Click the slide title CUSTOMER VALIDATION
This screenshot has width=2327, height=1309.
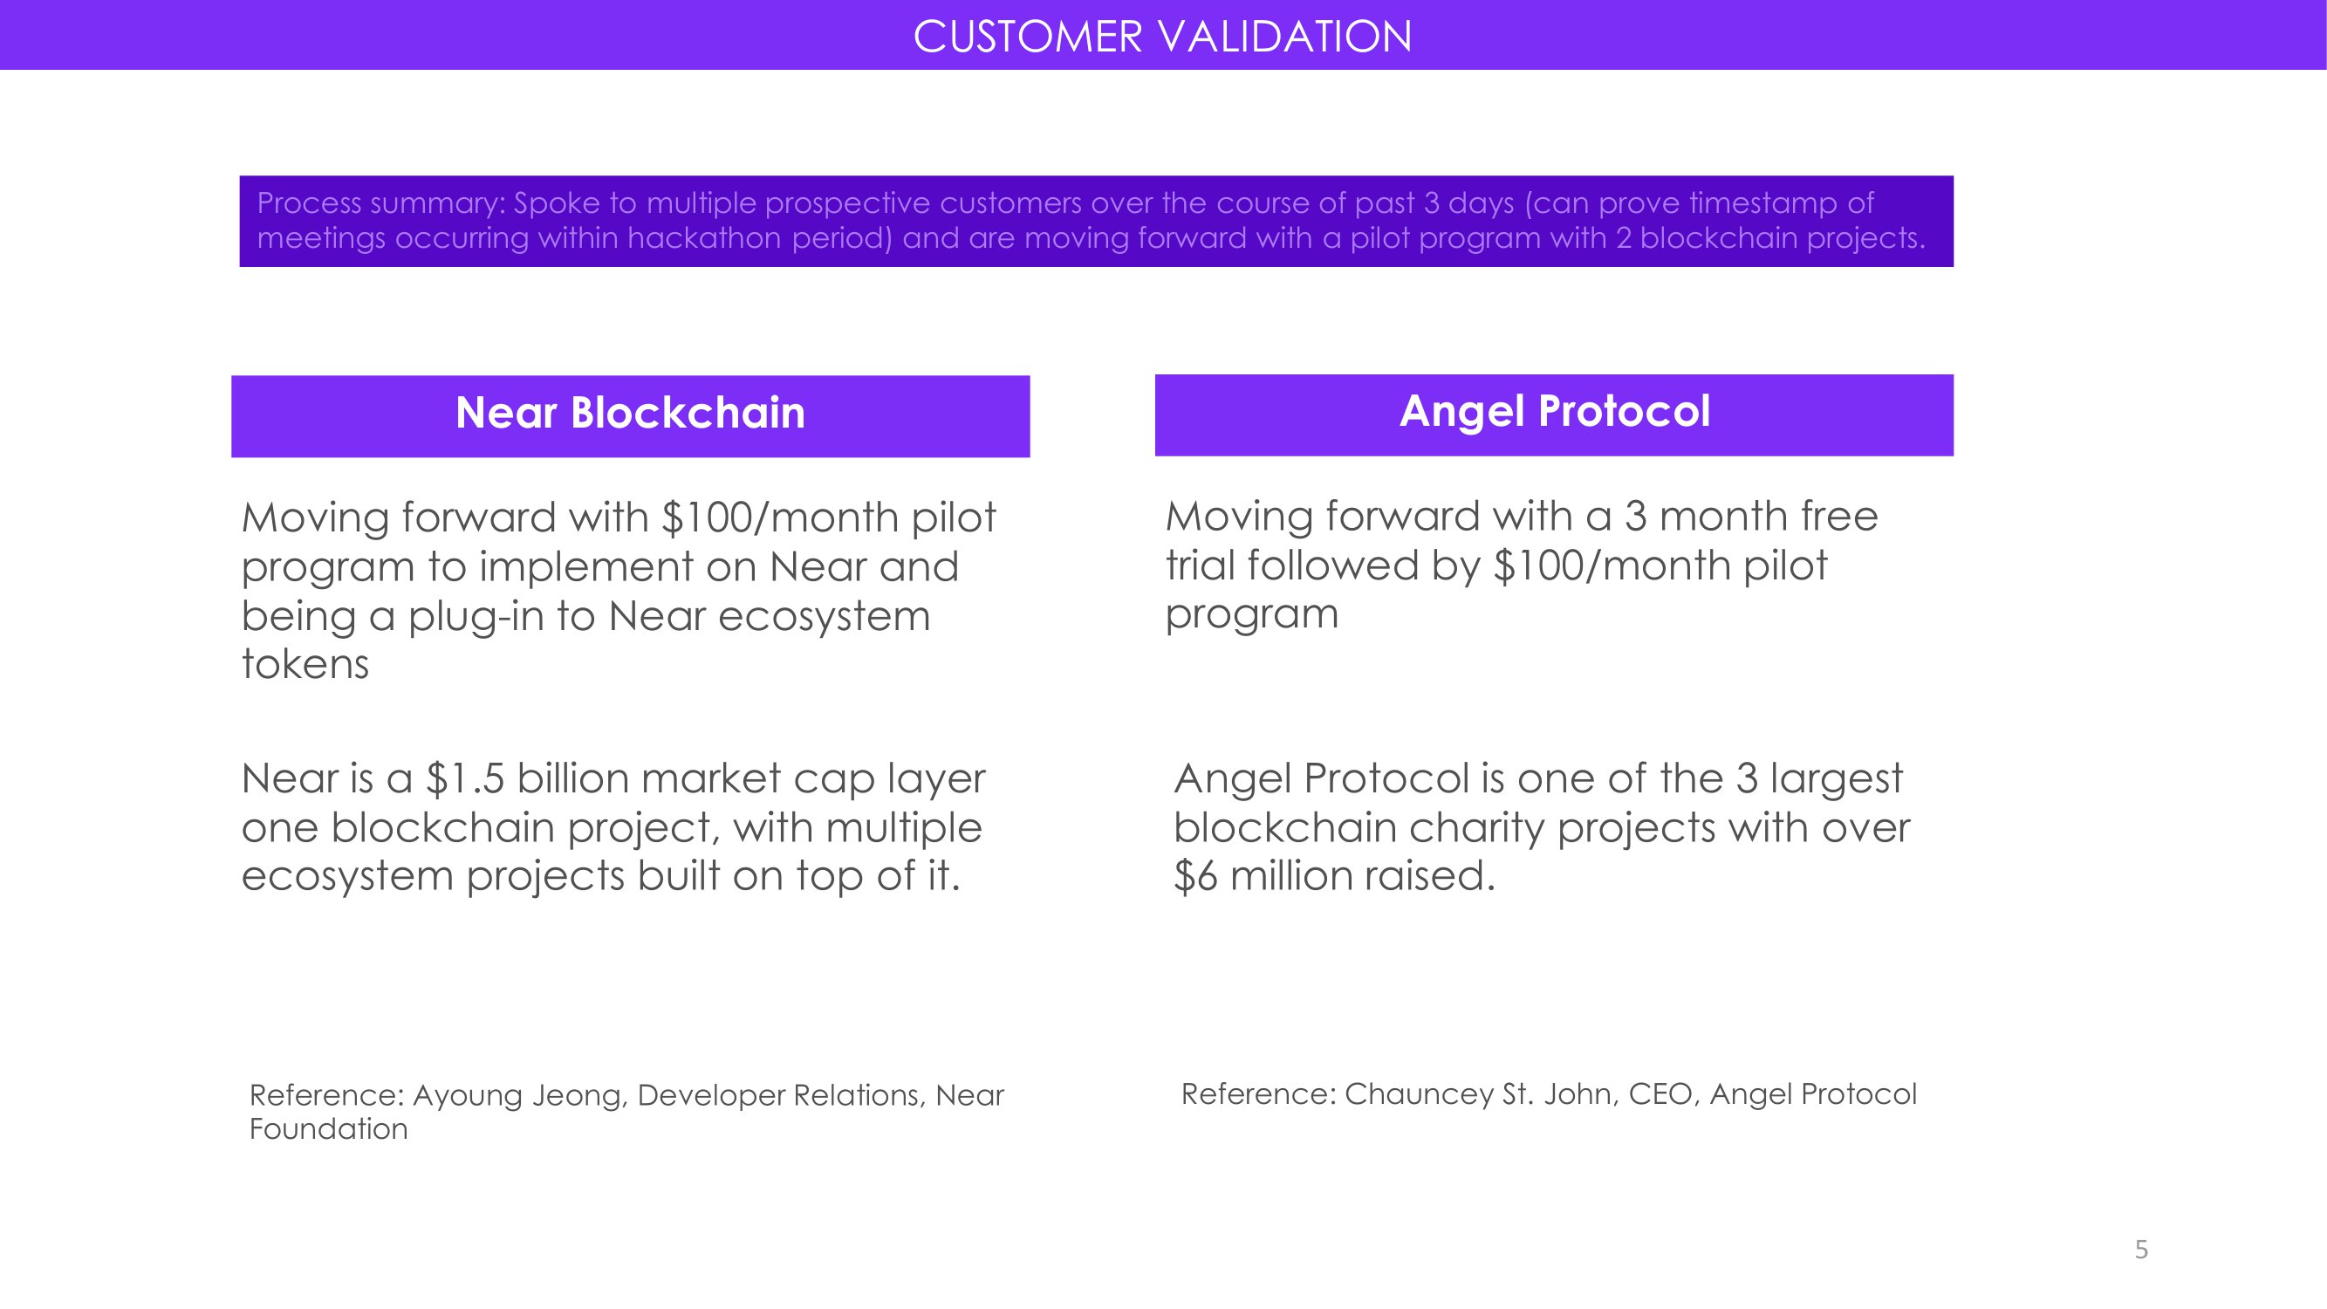pyautogui.click(x=1162, y=37)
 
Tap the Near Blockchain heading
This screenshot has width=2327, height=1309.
pyautogui.click(x=630, y=413)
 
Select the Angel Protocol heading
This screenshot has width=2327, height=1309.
pyautogui.click(x=1555, y=412)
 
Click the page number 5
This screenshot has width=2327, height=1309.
pyautogui.click(x=2141, y=1250)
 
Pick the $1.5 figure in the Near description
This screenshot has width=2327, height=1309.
pyautogui.click(x=465, y=778)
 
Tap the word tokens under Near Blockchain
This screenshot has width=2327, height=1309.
pyautogui.click(x=305, y=664)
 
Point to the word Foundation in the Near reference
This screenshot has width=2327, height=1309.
pyautogui.click(x=329, y=1129)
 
